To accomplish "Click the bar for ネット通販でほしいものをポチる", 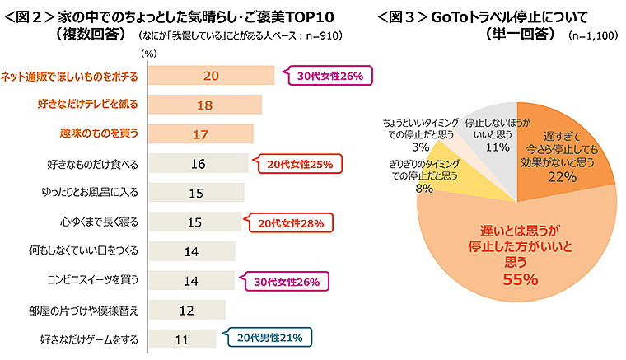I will click(x=210, y=75).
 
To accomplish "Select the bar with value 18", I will click(x=204, y=105).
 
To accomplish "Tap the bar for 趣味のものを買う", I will click(x=200, y=133).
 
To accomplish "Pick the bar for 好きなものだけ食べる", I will click(x=197, y=163).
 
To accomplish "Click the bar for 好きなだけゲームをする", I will click(x=181, y=339).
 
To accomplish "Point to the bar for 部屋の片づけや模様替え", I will click(x=185, y=310).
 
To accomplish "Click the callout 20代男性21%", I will click(x=269, y=337).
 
